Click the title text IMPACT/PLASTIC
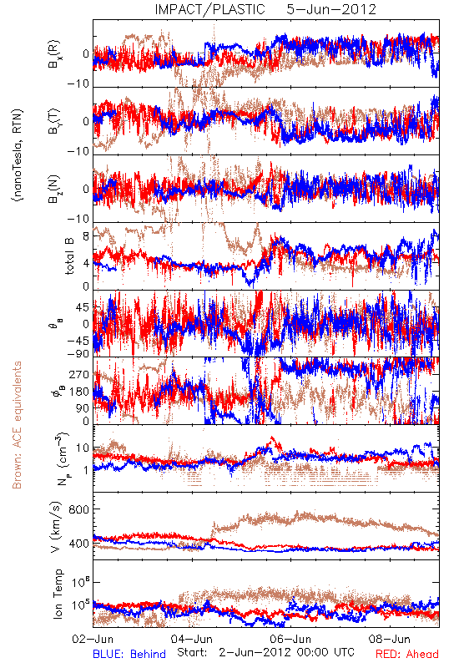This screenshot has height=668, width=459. [209, 9]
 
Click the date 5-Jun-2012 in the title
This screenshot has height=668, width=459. [331, 9]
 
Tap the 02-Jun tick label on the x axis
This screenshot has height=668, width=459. [93, 639]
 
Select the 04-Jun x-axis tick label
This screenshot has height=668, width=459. [192, 639]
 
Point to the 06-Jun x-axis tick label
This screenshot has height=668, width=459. [290, 639]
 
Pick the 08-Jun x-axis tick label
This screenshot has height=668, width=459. [390, 639]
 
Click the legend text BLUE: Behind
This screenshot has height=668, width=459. [129, 654]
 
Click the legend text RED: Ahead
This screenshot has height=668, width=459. [407, 654]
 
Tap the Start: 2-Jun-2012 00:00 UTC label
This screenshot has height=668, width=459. [265, 652]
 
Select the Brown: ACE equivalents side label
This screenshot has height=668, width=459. [17, 425]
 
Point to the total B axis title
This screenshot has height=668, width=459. [69, 256]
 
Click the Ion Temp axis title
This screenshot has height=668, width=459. [58, 594]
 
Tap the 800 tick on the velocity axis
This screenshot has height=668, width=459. [79, 509]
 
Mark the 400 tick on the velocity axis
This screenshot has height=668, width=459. [79, 544]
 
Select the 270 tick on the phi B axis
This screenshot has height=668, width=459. [79, 374]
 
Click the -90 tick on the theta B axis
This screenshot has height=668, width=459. [78, 354]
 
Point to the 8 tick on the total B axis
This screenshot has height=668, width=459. [87, 236]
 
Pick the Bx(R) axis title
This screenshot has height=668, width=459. [54, 54]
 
